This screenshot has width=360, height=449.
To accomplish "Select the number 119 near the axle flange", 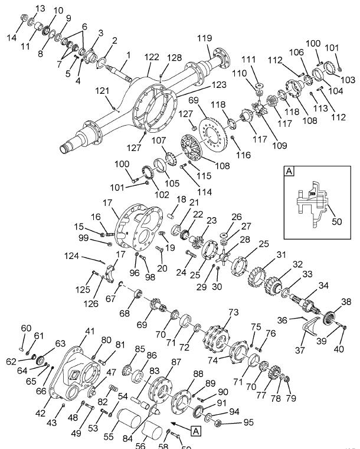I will tap(204, 38).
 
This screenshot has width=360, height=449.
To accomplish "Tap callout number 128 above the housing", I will tap(175, 57).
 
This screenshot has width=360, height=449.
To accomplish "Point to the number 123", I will tap(203, 85).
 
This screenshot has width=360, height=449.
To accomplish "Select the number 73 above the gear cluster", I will tap(234, 312).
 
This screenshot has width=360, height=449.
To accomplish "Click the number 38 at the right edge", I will tap(346, 301).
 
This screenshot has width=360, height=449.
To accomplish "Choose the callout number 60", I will tap(26, 328).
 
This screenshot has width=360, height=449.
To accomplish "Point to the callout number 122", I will tap(152, 57).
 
